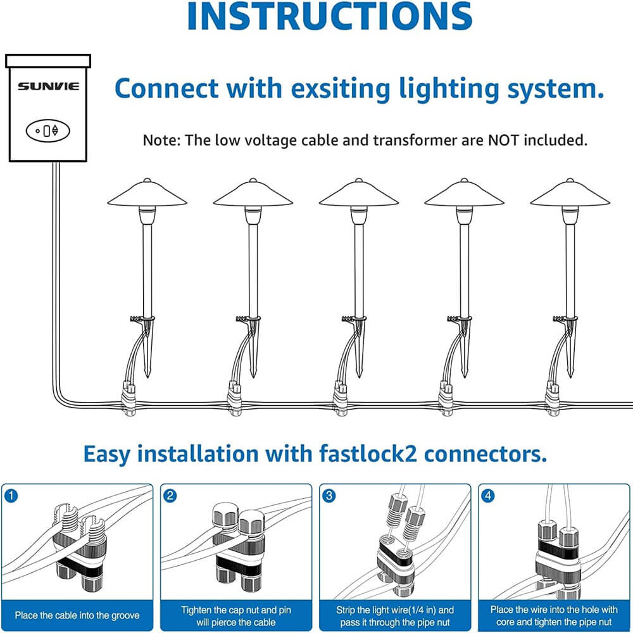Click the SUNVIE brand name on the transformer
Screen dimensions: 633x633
(x=48, y=85)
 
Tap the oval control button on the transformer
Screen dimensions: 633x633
(x=48, y=130)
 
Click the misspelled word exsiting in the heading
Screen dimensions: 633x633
(x=327, y=89)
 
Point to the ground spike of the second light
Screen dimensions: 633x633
(x=253, y=354)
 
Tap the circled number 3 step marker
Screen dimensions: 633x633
(x=329, y=496)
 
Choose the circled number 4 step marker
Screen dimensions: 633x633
(x=487, y=496)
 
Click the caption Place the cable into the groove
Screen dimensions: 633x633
(x=77, y=615)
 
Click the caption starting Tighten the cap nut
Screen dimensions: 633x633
(x=236, y=615)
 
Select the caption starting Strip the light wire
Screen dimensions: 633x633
(x=395, y=615)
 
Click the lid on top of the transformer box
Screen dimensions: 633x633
(x=48, y=61)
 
